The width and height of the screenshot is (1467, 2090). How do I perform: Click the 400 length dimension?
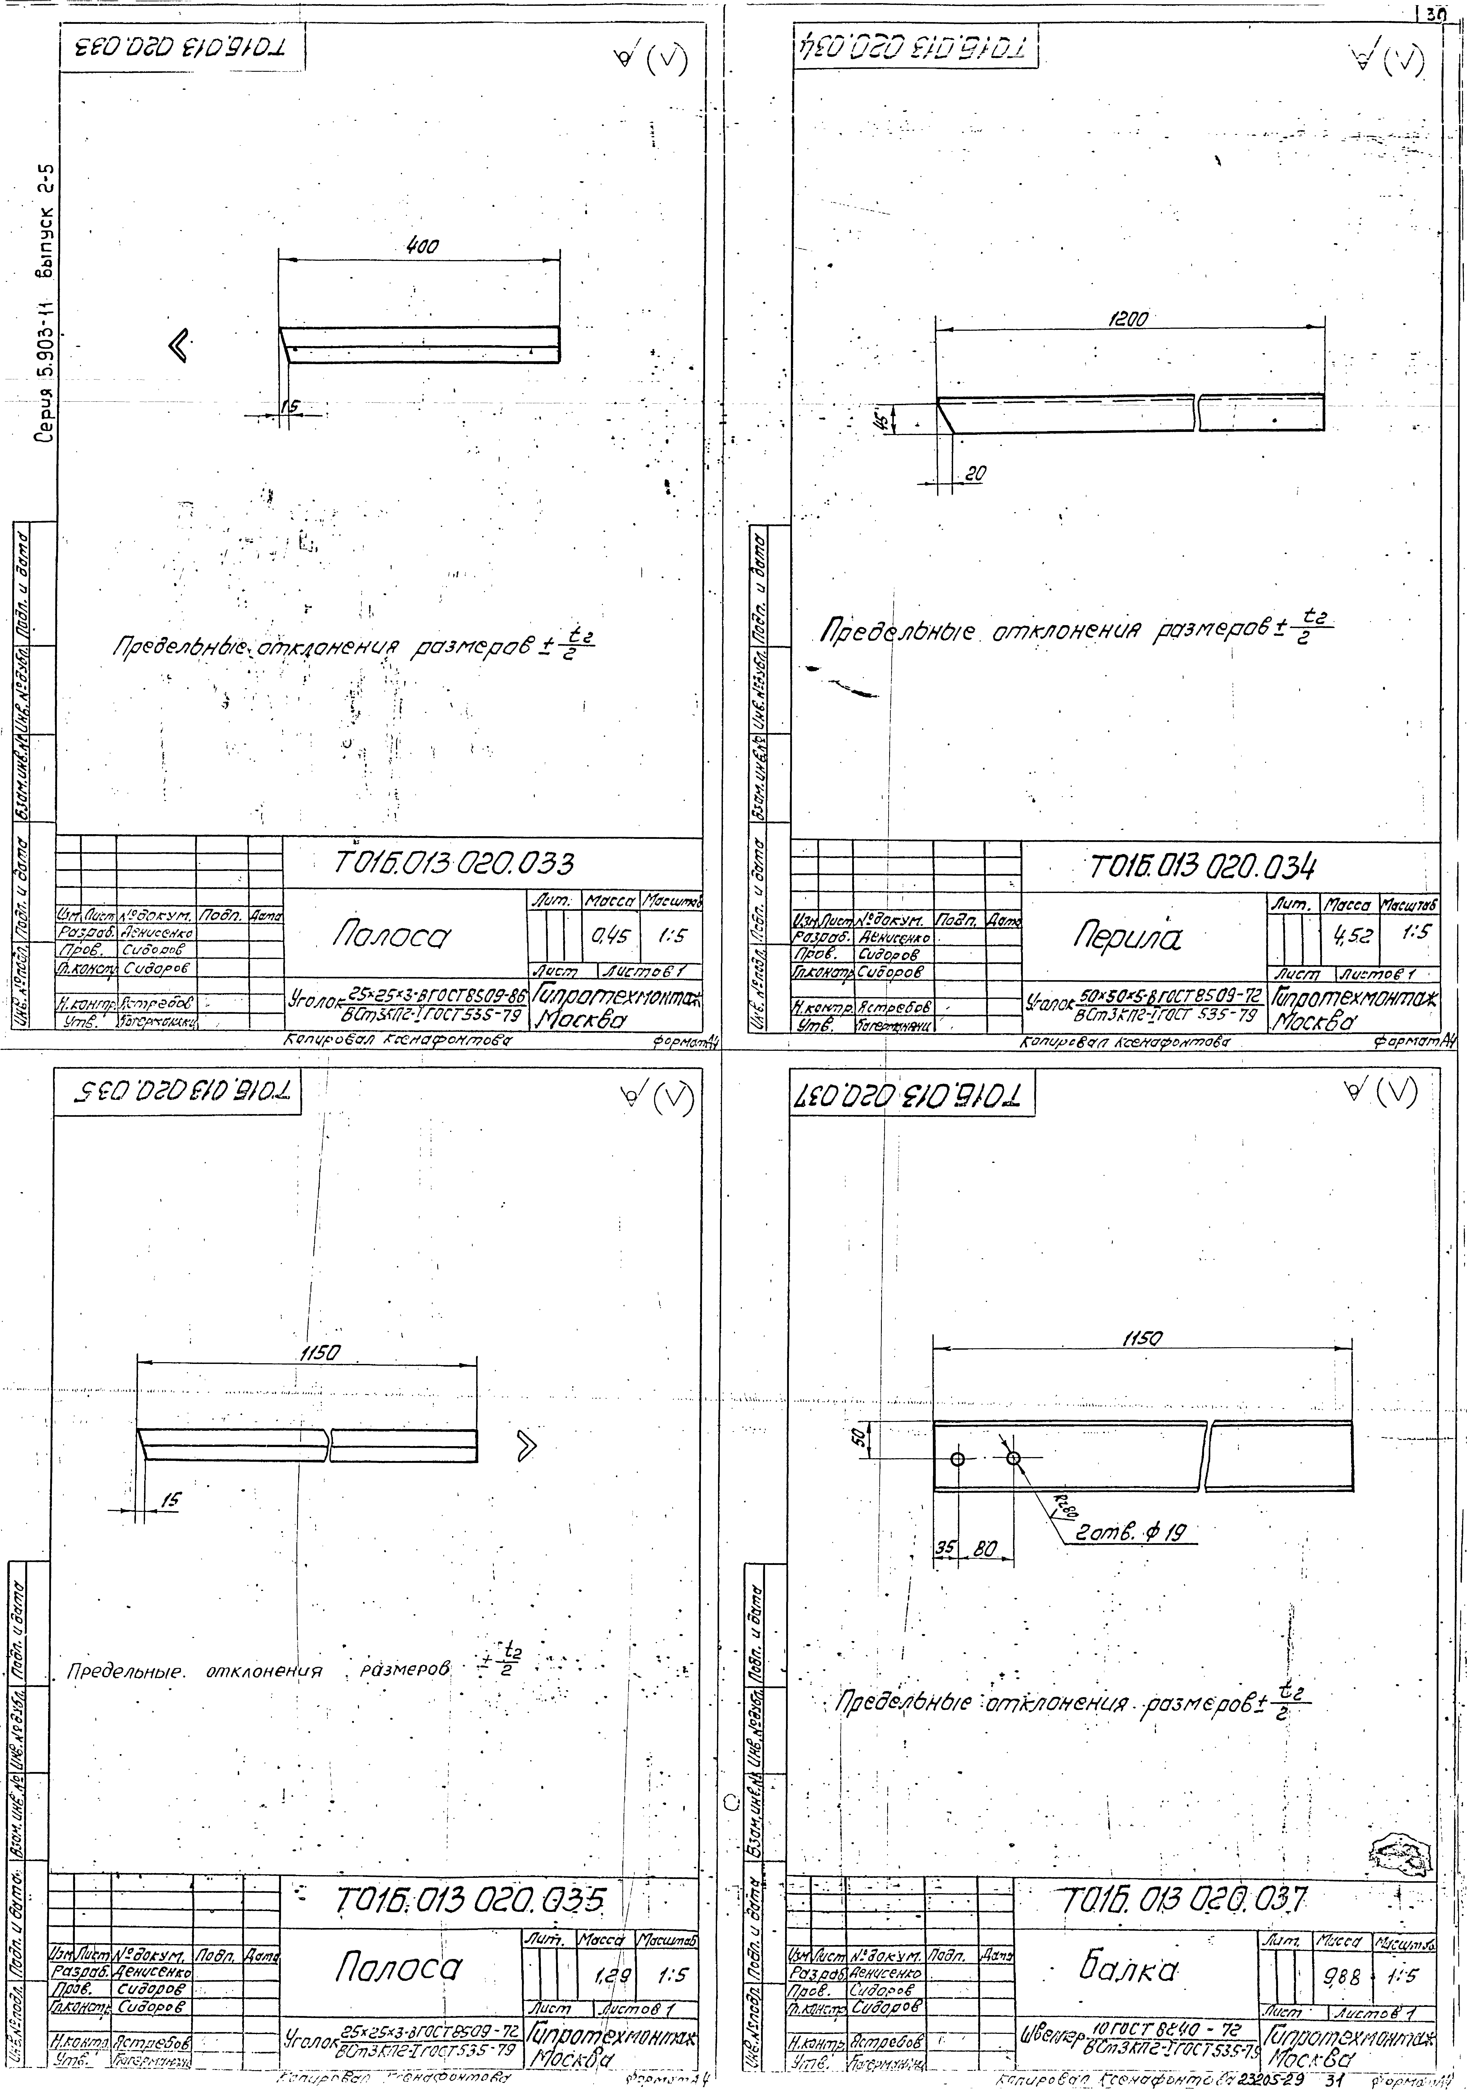pyautogui.click(x=421, y=247)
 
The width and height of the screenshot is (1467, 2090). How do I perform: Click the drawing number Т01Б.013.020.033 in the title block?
pyautogui.click(x=453, y=861)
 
